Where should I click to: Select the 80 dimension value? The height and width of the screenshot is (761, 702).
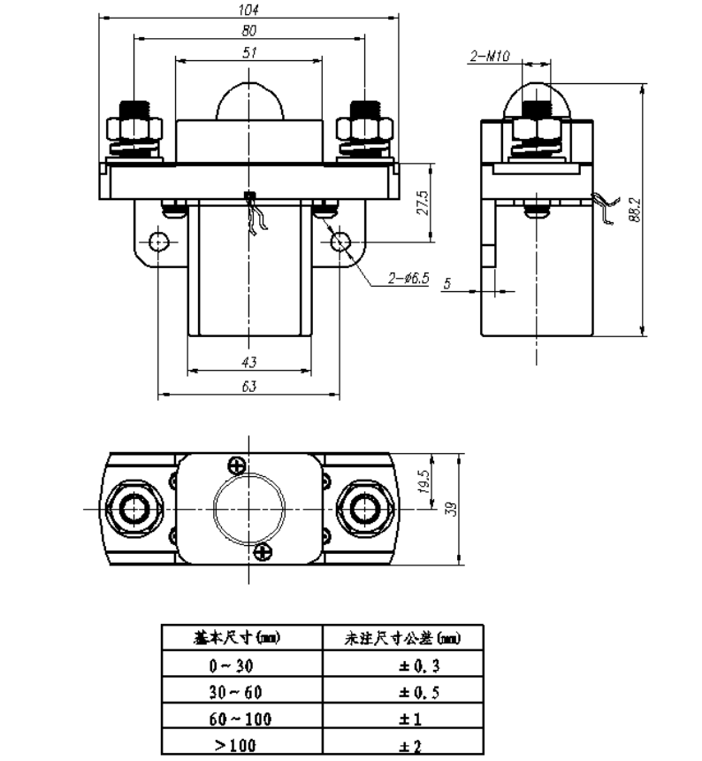tap(248, 30)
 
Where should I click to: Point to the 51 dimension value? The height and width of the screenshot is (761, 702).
tap(248, 53)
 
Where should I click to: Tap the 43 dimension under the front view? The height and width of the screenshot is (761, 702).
tap(248, 363)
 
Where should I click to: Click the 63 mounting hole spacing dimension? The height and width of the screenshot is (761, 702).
tap(248, 387)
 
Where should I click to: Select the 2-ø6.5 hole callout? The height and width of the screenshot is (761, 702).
tap(408, 279)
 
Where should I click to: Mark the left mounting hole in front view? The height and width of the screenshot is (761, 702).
tap(158, 241)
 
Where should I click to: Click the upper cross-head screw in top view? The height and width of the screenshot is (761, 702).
tap(237, 465)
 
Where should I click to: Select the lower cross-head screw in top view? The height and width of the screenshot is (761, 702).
tap(262, 553)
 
